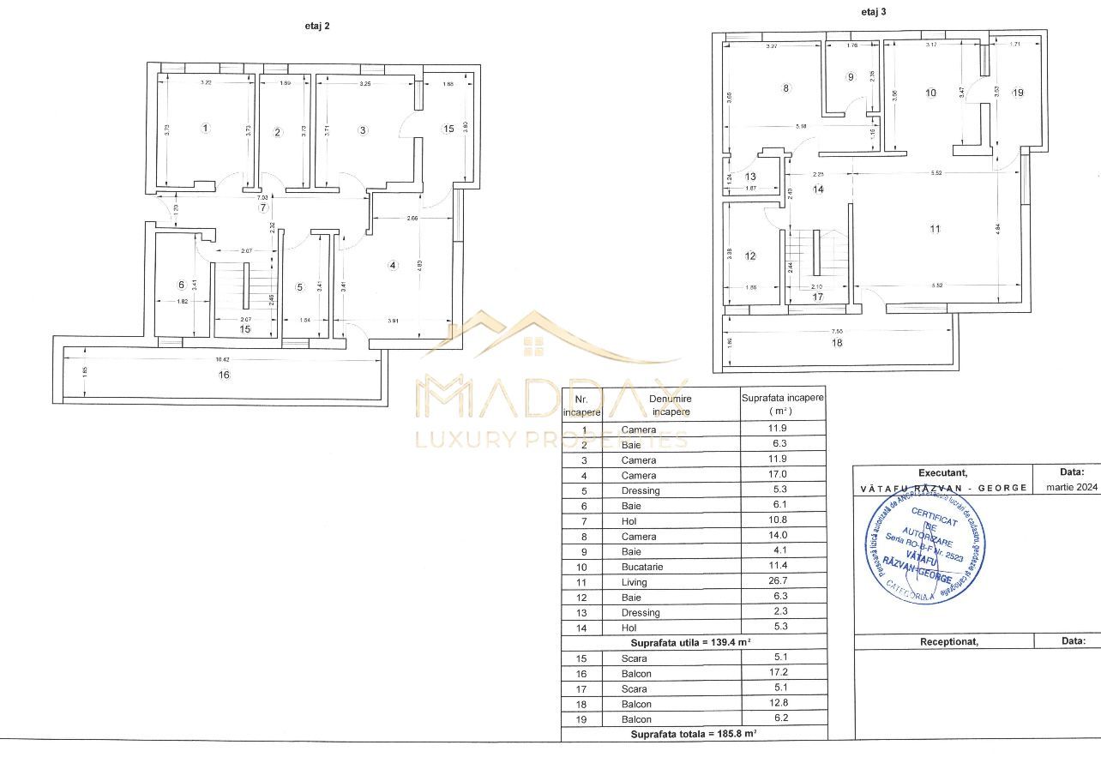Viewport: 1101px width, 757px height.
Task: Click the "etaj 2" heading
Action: pos(317,26)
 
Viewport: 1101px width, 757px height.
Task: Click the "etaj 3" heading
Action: pos(874,12)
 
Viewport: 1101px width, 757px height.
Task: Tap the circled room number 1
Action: pos(205,129)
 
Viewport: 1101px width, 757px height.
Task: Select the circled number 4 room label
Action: pos(393,265)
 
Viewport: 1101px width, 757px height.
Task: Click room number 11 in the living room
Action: pos(936,229)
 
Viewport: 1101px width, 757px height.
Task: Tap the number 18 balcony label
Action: pos(836,343)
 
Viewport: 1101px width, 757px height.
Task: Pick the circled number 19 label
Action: pos(1018,93)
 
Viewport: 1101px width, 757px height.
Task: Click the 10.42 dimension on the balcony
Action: pos(222,358)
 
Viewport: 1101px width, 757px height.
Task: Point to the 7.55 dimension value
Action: pos(836,329)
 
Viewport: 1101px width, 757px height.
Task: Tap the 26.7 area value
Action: pos(779,582)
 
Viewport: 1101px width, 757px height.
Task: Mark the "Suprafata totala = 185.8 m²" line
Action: pos(693,734)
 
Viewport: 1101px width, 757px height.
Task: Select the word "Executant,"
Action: pos(942,472)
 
